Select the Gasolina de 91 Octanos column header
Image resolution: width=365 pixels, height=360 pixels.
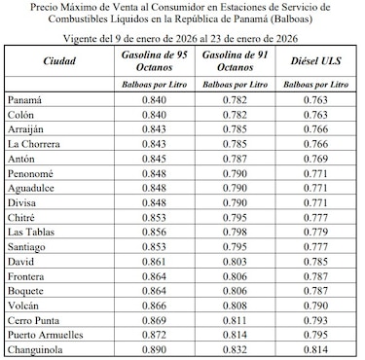[237, 60]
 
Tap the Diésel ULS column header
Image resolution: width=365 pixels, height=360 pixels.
[314, 60]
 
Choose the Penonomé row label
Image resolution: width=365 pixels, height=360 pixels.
[33, 172]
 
